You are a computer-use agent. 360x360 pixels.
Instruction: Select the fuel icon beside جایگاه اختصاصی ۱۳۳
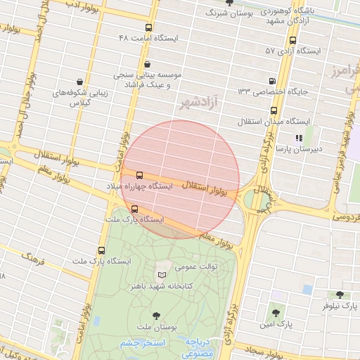tap(274, 80)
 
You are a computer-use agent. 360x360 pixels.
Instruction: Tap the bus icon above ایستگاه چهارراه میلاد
tap(139, 175)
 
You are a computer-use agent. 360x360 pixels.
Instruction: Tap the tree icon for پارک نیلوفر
tap(340, 295)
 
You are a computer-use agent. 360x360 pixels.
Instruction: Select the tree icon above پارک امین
tap(275, 313)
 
